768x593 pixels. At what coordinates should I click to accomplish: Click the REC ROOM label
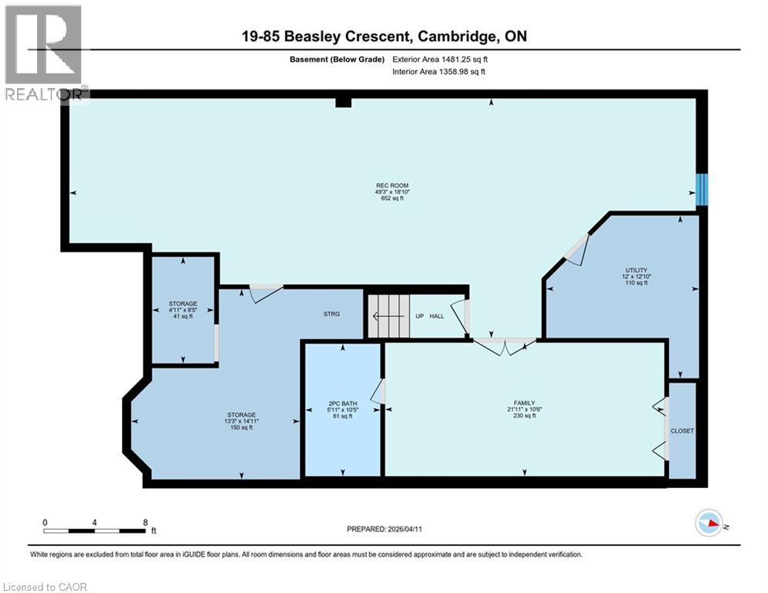391,185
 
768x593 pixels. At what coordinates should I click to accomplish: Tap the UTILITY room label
636,269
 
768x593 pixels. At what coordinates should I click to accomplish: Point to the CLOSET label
682,431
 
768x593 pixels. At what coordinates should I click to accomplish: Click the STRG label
331,314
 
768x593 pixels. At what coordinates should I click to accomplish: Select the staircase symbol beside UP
387,316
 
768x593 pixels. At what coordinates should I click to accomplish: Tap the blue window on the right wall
702,190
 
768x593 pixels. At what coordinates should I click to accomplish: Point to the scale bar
95,530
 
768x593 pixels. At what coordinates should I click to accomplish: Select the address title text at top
384,36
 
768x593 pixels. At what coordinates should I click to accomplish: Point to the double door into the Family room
504,345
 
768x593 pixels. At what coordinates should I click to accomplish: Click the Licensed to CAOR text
45,587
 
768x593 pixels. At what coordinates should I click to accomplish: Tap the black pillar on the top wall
343,102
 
